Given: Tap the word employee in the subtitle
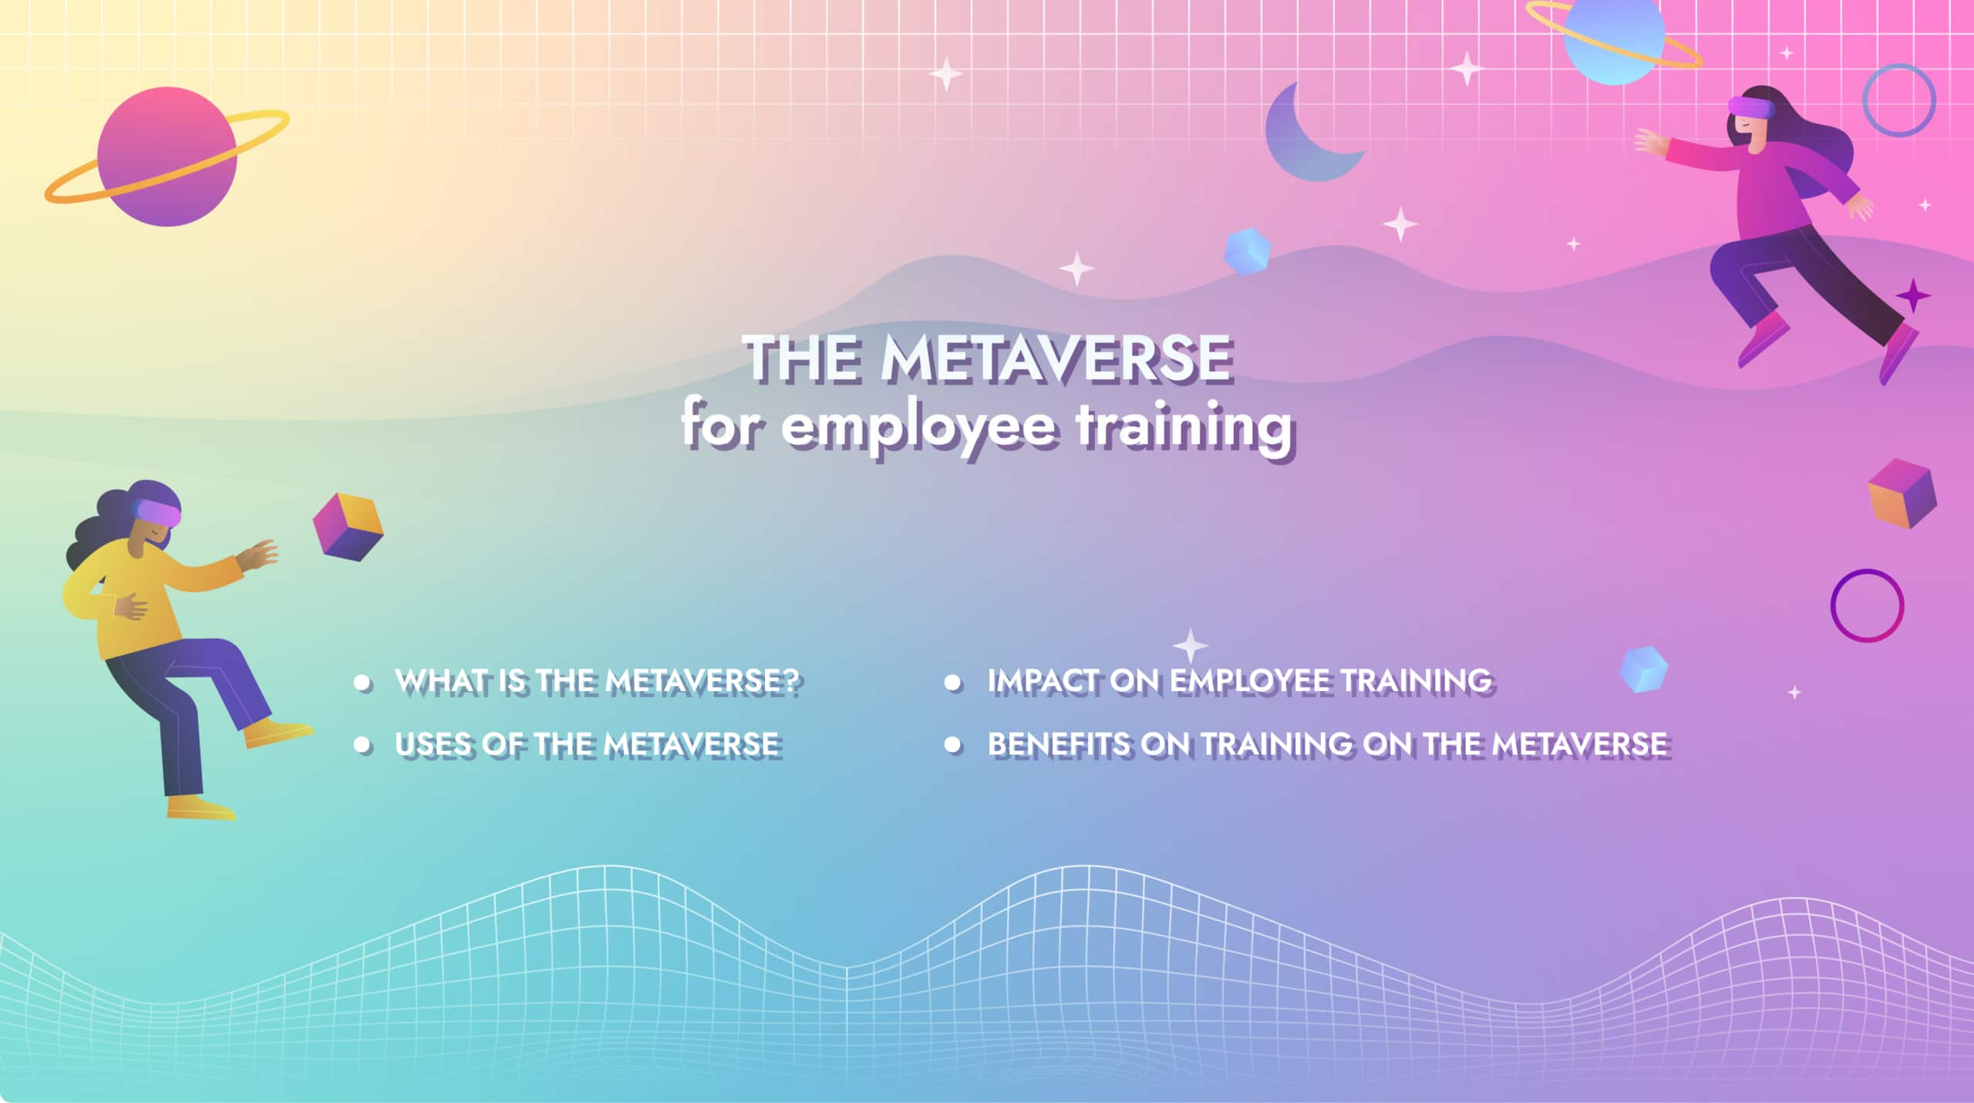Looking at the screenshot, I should click(x=918, y=427).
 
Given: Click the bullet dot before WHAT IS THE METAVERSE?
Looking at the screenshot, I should click(x=362, y=682).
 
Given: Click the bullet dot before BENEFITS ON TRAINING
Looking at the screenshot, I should click(x=953, y=745).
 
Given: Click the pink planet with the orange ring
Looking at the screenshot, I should click(x=167, y=157).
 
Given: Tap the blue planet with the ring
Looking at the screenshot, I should click(x=1615, y=39).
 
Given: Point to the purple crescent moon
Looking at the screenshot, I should click(x=1303, y=139).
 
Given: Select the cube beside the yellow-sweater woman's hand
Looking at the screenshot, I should click(x=348, y=526).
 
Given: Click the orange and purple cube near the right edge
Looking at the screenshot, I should click(x=1902, y=494).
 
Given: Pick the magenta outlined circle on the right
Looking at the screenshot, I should click(x=1867, y=605).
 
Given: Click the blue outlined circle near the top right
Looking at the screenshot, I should click(x=1898, y=100).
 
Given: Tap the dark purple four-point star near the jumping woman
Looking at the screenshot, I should click(x=1912, y=295).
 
